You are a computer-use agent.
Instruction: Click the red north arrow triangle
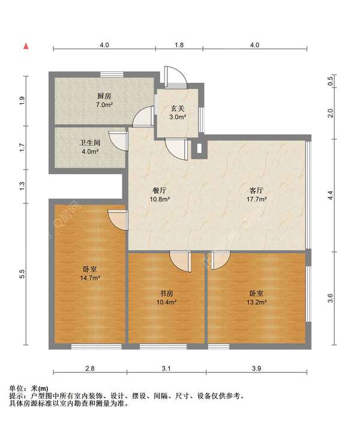point(26,46)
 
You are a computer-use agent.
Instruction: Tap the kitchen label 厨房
point(104,96)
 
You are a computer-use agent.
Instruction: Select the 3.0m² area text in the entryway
point(178,117)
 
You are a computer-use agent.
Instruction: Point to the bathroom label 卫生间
point(90,143)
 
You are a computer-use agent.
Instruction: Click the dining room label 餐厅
point(160,191)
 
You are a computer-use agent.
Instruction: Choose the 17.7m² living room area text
point(257,199)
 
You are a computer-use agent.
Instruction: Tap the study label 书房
point(166,293)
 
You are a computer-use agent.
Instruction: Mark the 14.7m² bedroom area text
point(90,278)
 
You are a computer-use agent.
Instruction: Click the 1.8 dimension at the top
point(179,45)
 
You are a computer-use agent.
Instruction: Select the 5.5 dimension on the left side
point(22,274)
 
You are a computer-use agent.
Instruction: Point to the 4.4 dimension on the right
point(331,195)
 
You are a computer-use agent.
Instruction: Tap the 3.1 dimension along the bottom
point(166,368)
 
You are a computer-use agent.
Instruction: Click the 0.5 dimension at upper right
point(331,81)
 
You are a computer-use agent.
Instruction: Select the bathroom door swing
point(118,141)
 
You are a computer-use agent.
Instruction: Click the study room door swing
point(180,261)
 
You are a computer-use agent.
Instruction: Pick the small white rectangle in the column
point(199,149)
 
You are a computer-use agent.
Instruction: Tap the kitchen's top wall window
point(112,74)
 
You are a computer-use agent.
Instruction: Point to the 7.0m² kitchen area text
point(104,105)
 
